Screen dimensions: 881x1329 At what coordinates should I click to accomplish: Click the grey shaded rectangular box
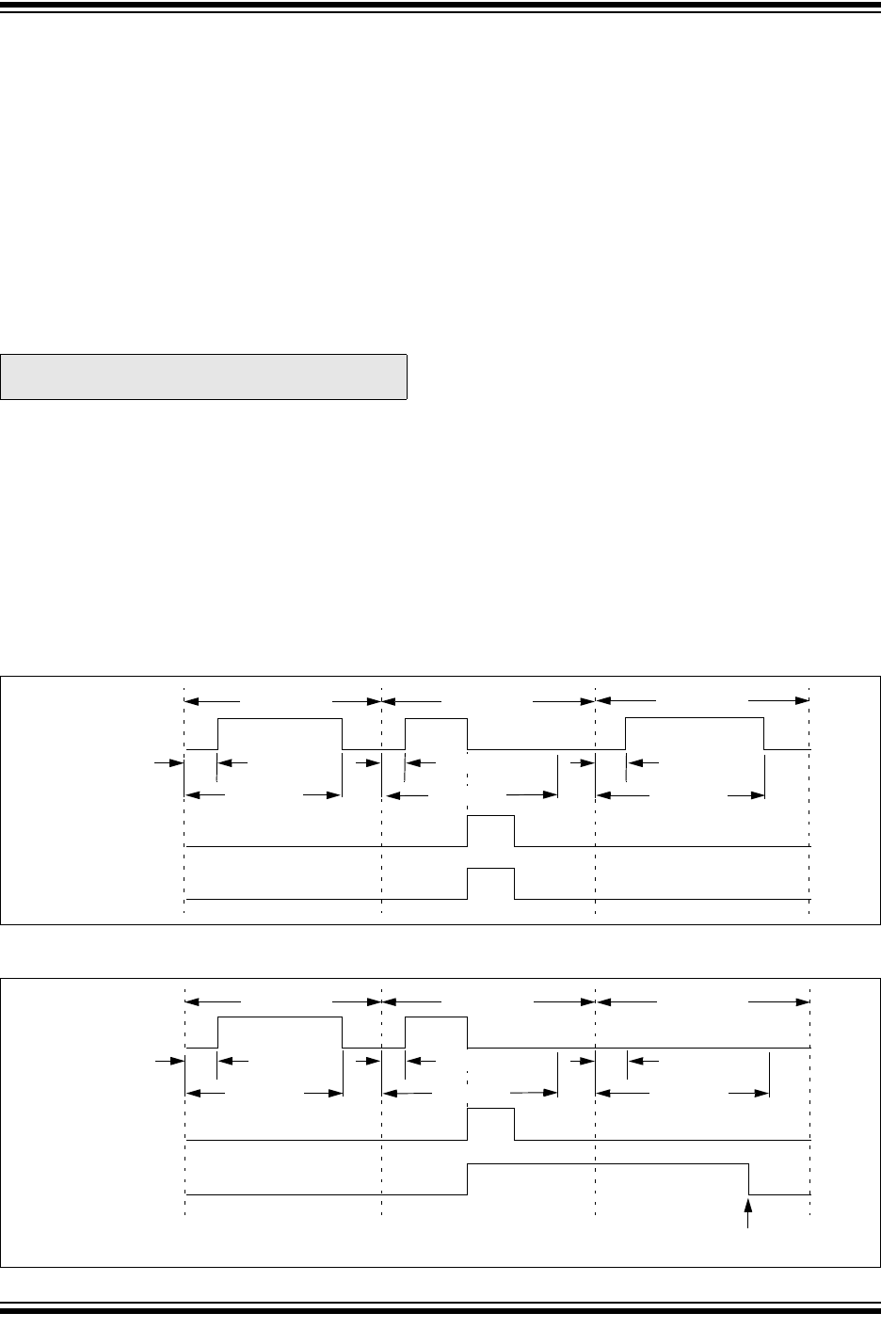tap(203, 376)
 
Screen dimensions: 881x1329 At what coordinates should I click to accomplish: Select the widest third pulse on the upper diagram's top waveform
tap(695, 733)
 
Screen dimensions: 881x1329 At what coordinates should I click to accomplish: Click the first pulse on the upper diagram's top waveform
tap(280, 733)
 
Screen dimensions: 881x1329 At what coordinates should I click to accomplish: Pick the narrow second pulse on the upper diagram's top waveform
tap(436, 733)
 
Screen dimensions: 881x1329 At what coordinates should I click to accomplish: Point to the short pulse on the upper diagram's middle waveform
tap(491, 831)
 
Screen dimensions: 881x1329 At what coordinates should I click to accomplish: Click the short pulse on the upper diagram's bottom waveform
tap(491, 884)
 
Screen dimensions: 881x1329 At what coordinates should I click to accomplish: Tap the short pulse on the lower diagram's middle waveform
tap(491, 1124)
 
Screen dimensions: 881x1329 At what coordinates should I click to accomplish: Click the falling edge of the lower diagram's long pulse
tap(749, 1178)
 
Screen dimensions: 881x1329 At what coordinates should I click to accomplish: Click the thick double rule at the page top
tap(440, 7)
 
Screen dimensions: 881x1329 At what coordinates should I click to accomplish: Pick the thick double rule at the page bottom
tap(440, 1308)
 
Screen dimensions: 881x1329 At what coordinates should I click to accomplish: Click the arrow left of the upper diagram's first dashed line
tap(168, 761)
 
